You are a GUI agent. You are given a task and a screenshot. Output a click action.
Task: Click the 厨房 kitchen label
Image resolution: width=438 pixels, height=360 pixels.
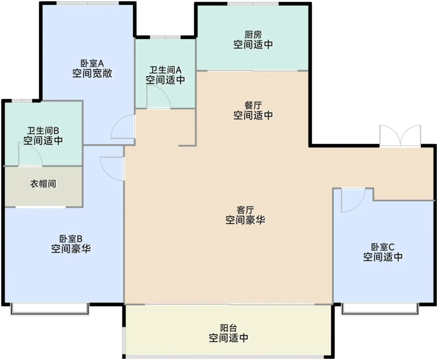253,35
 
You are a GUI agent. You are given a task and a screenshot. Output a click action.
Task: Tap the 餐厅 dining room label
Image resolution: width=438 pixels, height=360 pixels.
253,105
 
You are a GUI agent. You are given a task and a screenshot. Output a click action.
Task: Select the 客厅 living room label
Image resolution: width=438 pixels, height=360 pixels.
245,210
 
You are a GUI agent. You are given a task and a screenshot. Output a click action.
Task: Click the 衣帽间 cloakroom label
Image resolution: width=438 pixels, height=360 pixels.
43,184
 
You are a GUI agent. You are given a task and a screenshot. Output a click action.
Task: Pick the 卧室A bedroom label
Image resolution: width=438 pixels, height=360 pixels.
92,63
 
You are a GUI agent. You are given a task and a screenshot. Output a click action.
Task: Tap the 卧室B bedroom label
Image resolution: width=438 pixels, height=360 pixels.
71,239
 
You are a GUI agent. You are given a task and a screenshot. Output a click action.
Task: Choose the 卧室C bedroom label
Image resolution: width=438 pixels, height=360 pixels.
383,247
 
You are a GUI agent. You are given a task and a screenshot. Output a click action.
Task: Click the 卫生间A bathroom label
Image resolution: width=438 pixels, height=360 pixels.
165,70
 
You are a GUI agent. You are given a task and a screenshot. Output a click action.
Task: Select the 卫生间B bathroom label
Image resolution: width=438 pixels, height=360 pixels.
43,131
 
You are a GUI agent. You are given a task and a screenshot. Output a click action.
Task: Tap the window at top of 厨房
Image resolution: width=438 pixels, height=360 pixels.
253,3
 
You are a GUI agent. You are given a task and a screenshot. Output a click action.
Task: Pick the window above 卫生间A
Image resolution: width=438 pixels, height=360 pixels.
165,37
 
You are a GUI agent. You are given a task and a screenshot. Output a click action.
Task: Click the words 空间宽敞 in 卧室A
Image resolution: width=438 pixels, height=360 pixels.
92,73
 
